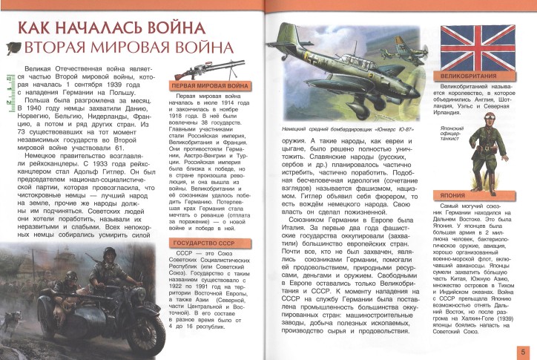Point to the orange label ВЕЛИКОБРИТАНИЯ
point(473,77)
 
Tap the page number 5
point(524,351)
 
